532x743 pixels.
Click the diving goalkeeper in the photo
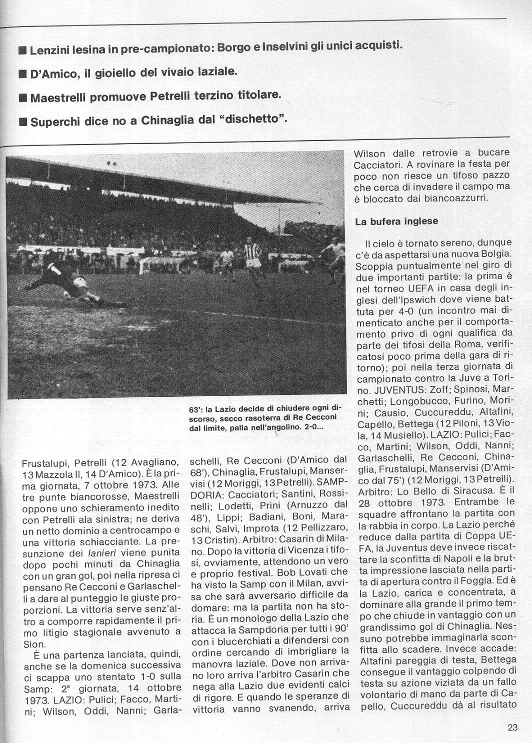(65, 285)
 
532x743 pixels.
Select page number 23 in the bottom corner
(512, 728)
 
